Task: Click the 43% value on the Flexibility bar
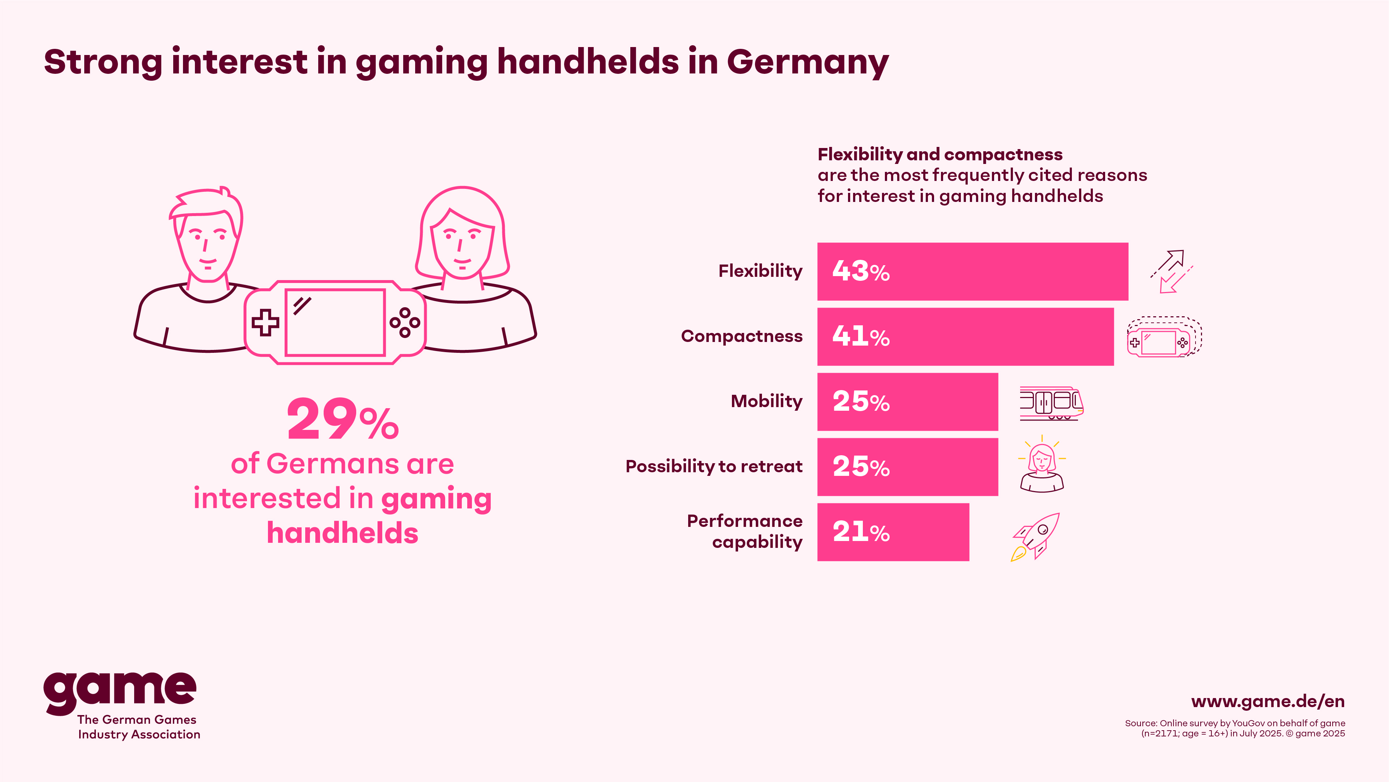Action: pos(861,271)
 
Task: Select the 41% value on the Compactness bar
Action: pos(861,337)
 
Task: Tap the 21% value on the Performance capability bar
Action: pos(861,532)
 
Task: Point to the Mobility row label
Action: pos(766,402)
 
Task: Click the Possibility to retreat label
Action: pos(713,466)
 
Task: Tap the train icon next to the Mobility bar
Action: pos(1051,403)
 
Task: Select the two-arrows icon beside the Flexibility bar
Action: pos(1171,271)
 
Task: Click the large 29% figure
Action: pos(342,419)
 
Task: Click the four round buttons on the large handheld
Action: pos(404,323)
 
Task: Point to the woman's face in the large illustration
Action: pos(461,243)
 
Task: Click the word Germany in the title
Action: pos(807,63)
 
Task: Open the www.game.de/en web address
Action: pos(1268,702)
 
